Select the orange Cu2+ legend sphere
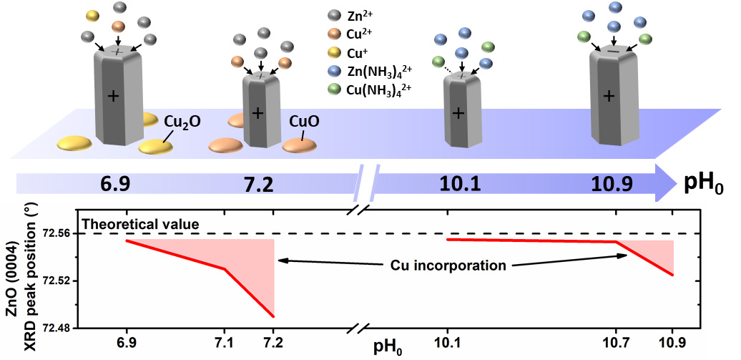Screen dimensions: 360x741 click(x=333, y=34)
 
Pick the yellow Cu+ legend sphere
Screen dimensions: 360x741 click(x=333, y=52)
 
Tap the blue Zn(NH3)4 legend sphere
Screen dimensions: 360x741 click(x=333, y=70)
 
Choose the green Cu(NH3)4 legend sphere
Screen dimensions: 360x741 click(x=333, y=89)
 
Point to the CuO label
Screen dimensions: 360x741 click(x=303, y=122)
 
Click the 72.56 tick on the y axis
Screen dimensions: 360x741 click(x=60, y=234)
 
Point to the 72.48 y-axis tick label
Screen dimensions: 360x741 click(x=60, y=329)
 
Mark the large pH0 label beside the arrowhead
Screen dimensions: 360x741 click(x=705, y=184)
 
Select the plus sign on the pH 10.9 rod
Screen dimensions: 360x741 click(x=609, y=96)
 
